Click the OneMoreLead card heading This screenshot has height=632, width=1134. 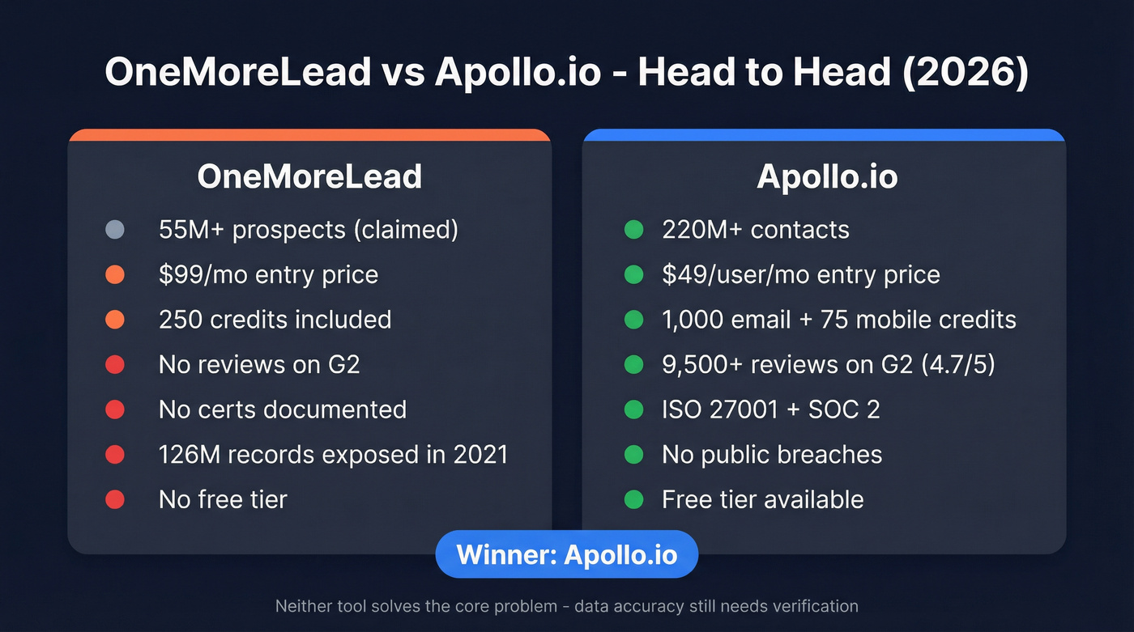point(309,176)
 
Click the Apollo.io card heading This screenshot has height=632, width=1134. point(827,176)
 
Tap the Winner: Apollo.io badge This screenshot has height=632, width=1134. point(566,554)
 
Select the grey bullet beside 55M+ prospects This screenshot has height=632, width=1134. point(115,230)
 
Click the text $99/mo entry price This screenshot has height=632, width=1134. point(268,274)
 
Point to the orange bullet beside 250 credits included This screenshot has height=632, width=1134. point(115,320)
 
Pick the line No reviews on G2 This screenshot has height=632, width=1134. point(259,364)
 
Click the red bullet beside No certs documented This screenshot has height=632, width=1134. point(115,409)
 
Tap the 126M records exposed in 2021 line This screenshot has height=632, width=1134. point(333,454)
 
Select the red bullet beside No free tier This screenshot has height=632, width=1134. point(115,499)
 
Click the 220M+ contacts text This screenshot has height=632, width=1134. point(755,230)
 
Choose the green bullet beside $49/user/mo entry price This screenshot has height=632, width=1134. point(633,274)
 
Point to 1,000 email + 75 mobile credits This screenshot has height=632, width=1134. point(838,320)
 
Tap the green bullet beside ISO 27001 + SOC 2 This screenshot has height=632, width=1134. point(633,409)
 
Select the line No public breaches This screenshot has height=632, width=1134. point(771,454)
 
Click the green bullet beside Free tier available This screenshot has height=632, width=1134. point(633,499)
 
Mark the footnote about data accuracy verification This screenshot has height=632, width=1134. point(566,605)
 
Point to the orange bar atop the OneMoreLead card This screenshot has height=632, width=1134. point(309,134)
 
